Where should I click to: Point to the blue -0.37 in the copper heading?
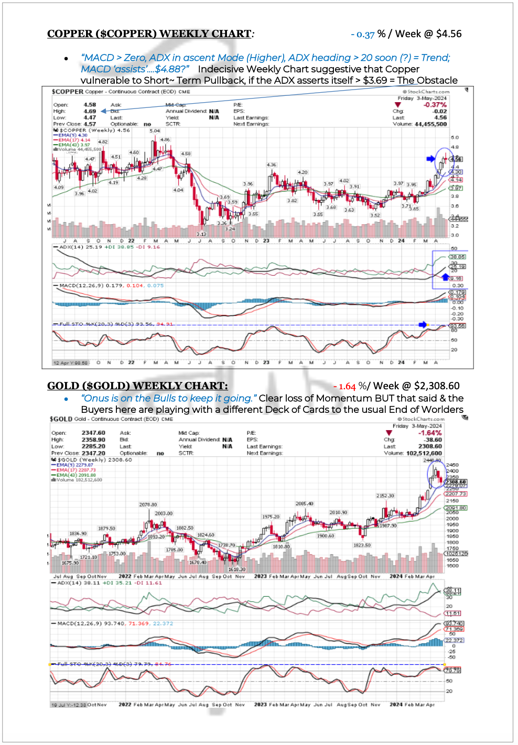(x=363, y=35)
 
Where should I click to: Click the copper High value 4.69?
(x=90, y=111)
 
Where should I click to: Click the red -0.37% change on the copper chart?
(x=435, y=105)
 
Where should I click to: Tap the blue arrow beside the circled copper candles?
(x=430, y=159)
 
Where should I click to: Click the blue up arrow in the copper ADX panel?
(x=445, y=276)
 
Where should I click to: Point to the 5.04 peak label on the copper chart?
(x=155, y=131)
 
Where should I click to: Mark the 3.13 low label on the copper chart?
(x=201, y=234)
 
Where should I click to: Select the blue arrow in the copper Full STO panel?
(x=423, y=325)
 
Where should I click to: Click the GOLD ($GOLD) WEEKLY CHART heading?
(x=137, y=386)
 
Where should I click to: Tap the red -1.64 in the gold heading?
(x=344, y=387)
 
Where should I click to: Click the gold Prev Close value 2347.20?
(x=93, y=453)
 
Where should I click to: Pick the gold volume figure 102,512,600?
(x=424, y=453)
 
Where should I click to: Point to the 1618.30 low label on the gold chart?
(x=236, y=569)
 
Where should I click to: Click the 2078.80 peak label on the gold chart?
(x=148, y=505)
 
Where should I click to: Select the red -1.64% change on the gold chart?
(x=430, y=433)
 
